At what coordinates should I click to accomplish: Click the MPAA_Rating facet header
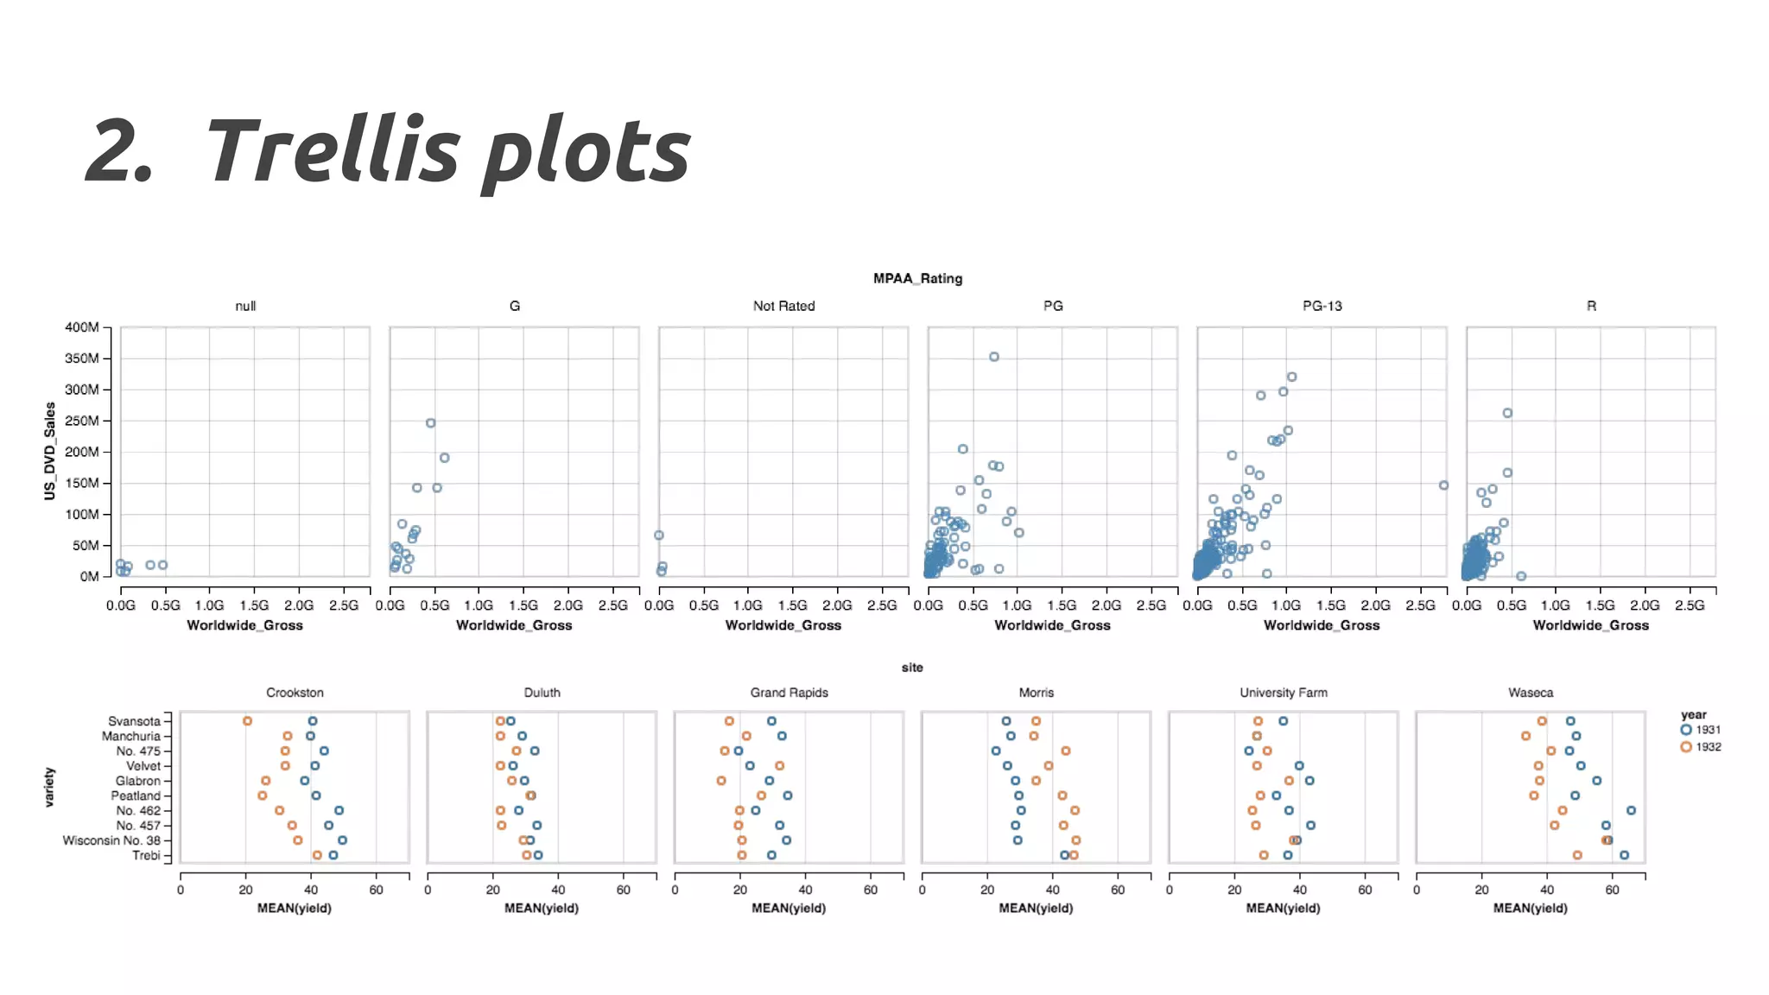coord(917,278)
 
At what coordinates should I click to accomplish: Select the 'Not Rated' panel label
coord(783,306)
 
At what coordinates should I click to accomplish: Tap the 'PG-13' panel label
coord(1322,306)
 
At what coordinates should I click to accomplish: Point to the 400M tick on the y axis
coord(82,327)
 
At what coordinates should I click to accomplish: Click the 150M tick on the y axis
coord(82,483)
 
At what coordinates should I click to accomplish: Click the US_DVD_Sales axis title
coord(50,451)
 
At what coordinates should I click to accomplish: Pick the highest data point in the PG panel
coord(994,357)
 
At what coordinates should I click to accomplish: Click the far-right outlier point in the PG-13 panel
coord(1443,485)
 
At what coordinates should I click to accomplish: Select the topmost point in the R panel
coord(1507,413)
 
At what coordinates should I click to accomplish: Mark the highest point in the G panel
coord(431,423)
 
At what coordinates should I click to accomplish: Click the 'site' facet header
coord(912,668)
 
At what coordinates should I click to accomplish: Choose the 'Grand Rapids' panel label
coord(789,693)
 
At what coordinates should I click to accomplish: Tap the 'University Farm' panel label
coord(1284,693)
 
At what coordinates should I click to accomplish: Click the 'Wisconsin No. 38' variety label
coord(111,840)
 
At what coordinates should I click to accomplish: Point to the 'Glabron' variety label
coord(137,781)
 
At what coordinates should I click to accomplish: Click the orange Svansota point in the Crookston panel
coord(248,721)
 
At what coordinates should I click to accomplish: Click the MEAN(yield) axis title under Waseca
coord(1530,908)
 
